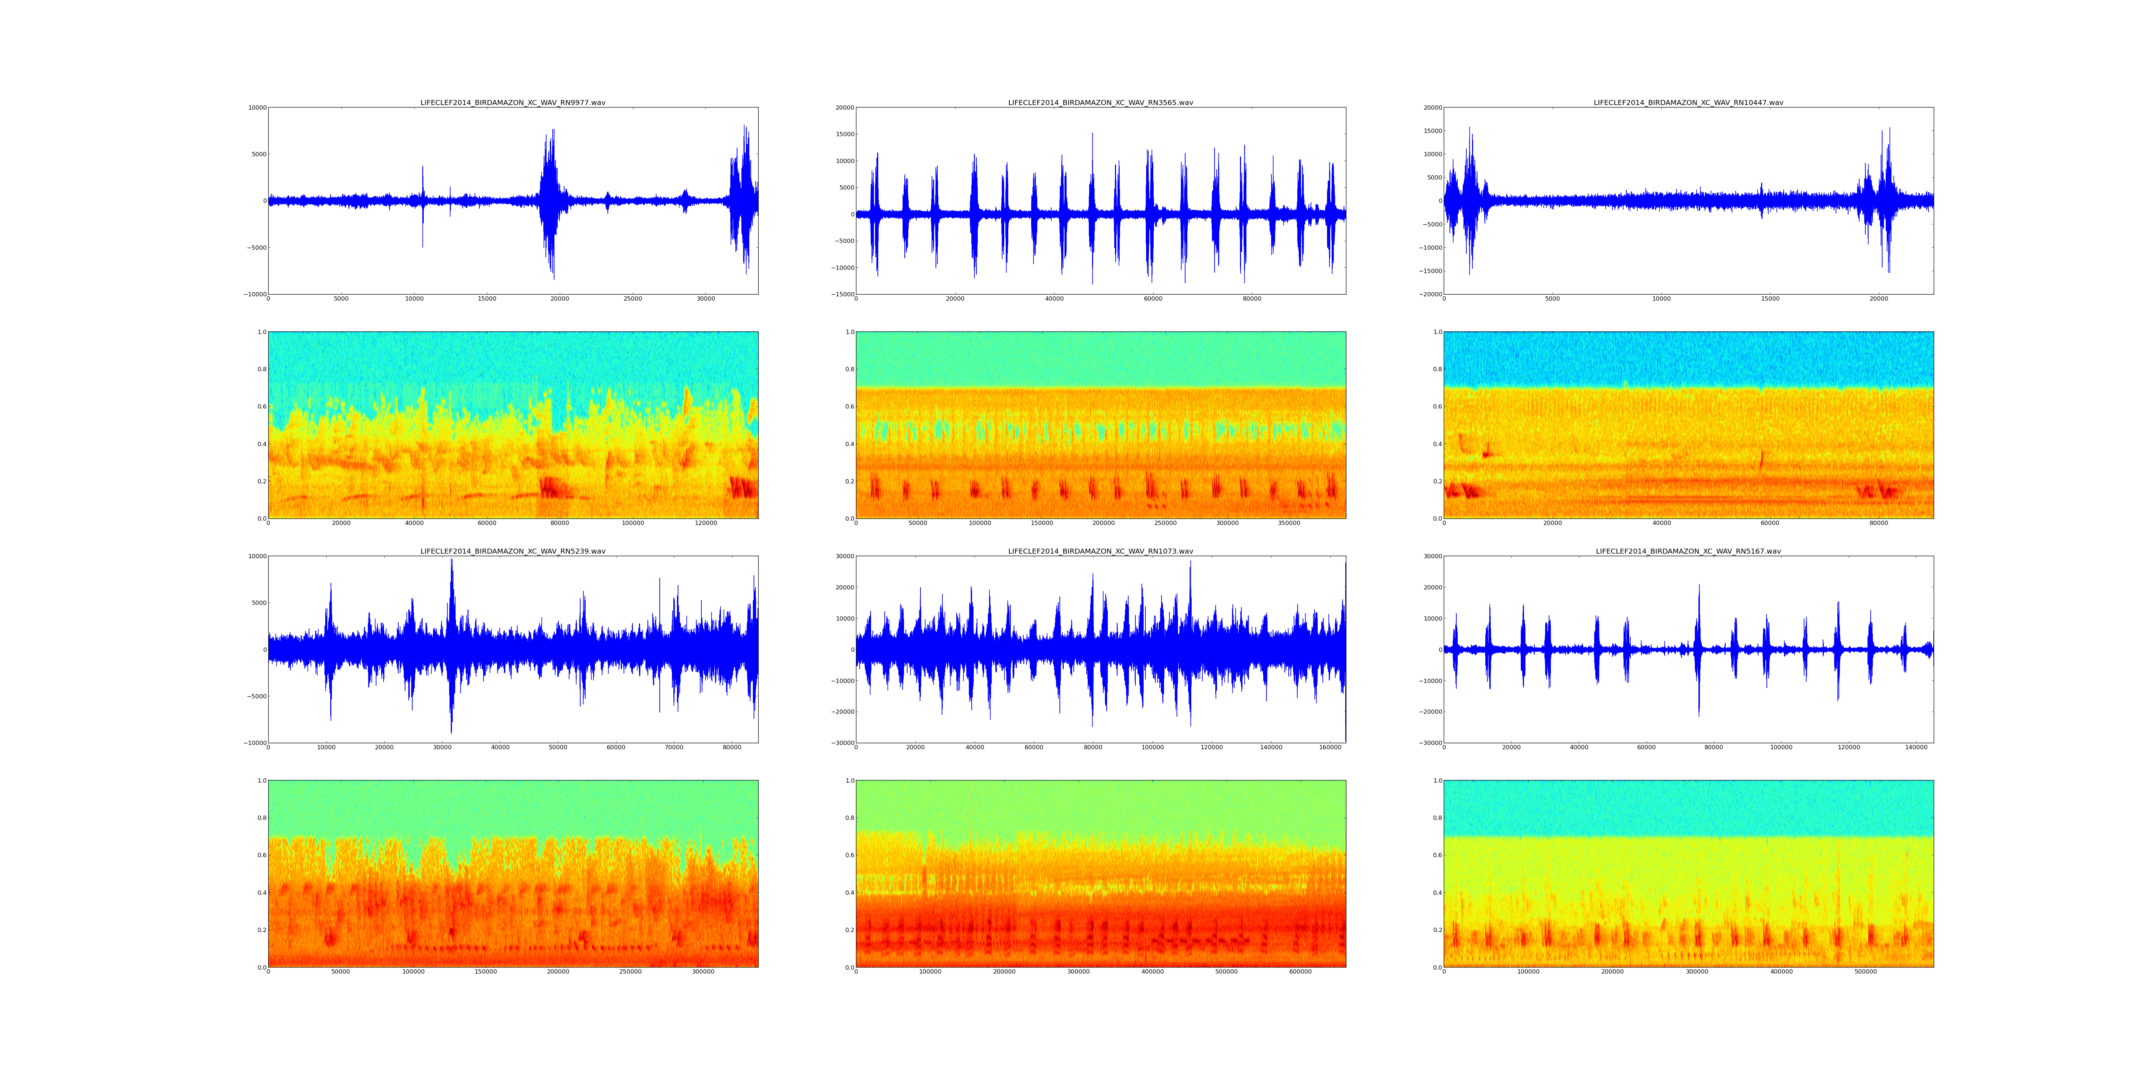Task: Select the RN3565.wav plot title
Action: coord(1100,102)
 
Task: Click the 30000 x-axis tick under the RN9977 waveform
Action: coord(706,299)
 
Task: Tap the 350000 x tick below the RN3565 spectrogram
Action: coord(1289,523)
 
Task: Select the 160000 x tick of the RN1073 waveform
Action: coord(1330,747)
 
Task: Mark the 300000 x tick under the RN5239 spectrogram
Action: coord(703,971)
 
